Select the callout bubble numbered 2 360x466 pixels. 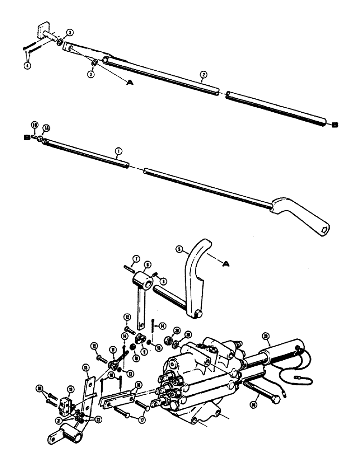(202, 74)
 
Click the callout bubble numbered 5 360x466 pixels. (179, 249)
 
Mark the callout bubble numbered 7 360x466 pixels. (136, 259)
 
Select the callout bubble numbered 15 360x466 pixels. (85, 368)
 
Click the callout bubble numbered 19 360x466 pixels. (71, 388)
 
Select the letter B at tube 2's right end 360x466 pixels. (335, 124)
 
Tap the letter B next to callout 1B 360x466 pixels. (28, 138)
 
